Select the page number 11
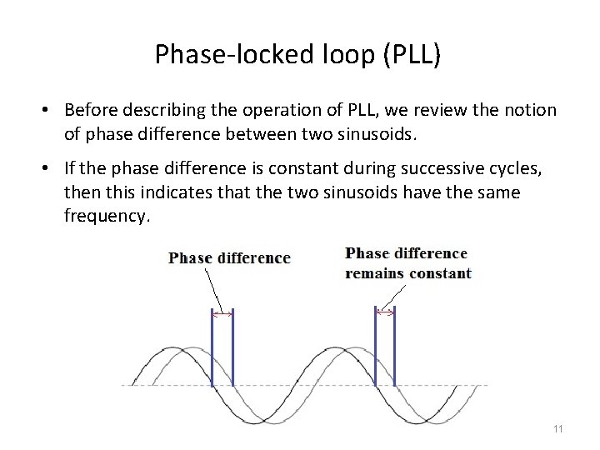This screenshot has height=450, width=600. pyautogui.click(x=557, y=428)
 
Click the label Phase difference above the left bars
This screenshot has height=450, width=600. pyautogui.click(x=229, y=257)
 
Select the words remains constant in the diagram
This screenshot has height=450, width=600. pyautogui.click(x=408, y=273)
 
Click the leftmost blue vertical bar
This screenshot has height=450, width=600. pyautogui.click(x=212, y=346)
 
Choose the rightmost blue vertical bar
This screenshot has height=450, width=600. pyautogui.click(x=394, y=346)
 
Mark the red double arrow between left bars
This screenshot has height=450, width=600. pyautogui.click(x=222, y=314)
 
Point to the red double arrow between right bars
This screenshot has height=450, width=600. pyautogui.click(x=385, y=312)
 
